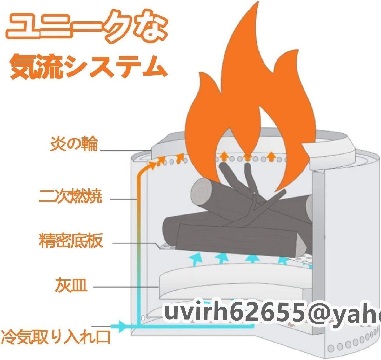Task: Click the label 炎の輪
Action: click(74, 144)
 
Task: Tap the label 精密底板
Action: click(71, 241)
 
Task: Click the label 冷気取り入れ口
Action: click(56, 337)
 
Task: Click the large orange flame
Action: click(248, 95)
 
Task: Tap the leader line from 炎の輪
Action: click(124, 150)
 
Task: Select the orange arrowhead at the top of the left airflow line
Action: click(154, 165)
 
